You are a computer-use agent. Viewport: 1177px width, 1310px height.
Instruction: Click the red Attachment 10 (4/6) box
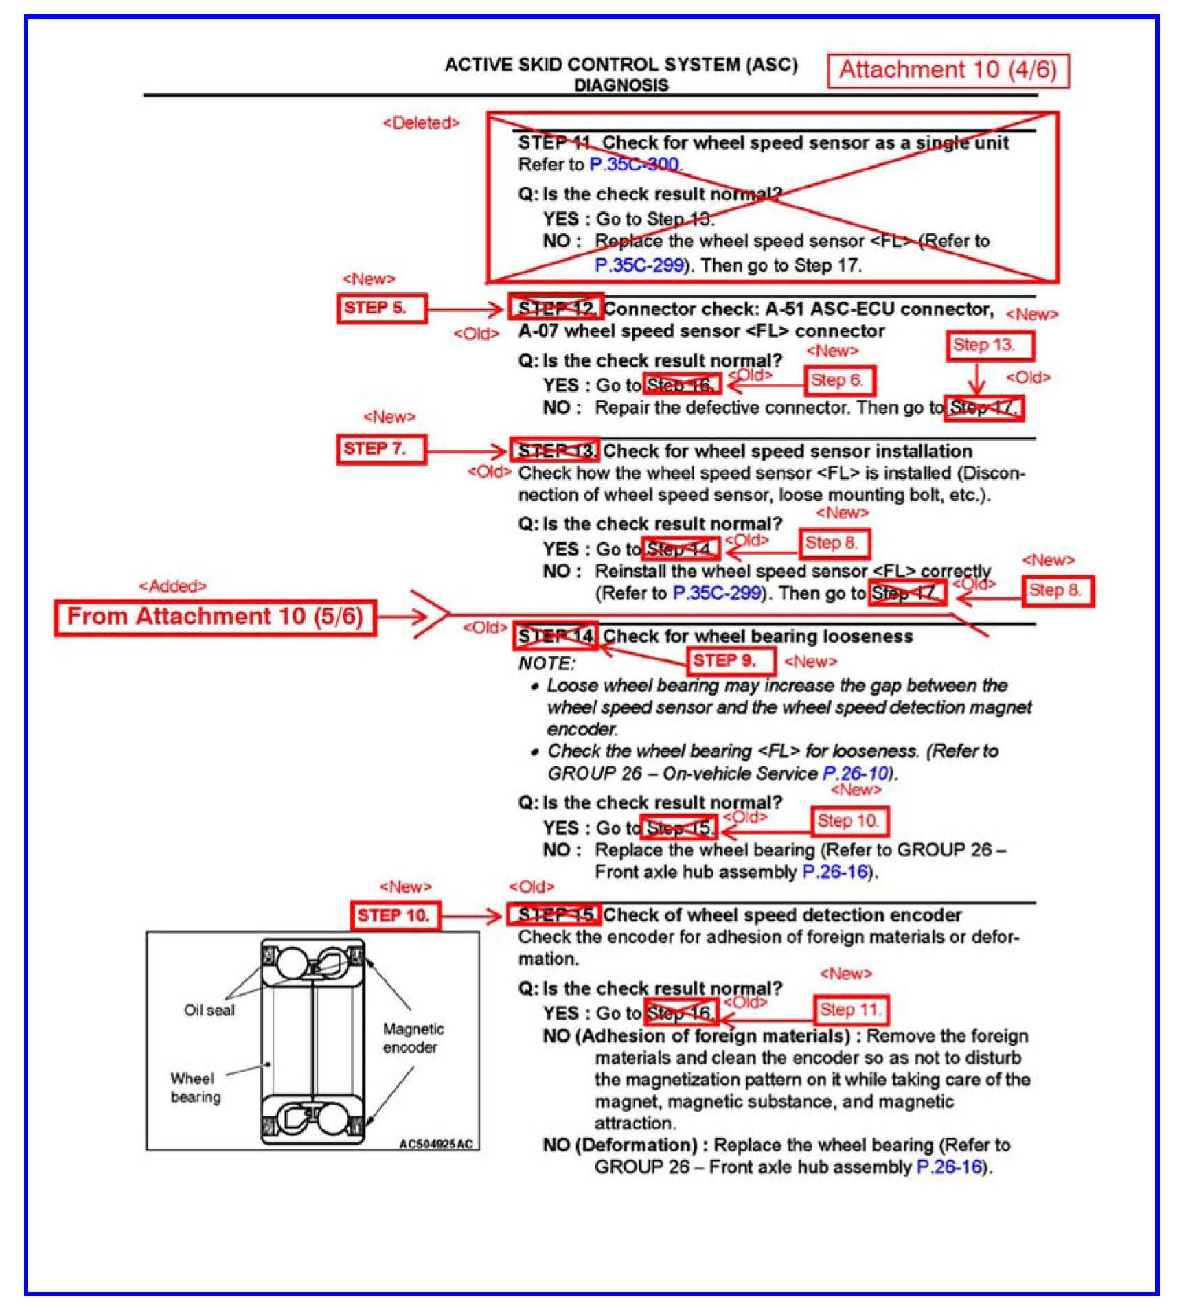pos(948,70)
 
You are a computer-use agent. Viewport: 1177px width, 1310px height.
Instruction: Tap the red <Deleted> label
pos(421,123)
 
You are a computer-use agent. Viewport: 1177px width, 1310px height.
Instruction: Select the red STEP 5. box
pos(381,308)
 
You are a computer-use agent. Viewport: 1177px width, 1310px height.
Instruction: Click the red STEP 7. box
pos(381,449)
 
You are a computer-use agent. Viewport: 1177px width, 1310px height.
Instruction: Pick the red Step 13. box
pos(990,345)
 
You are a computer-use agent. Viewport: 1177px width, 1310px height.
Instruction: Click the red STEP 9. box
pos(731,661)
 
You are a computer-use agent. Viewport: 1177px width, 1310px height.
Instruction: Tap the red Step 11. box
pos(850,1010)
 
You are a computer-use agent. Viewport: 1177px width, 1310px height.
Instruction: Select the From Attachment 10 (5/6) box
pos(215,617)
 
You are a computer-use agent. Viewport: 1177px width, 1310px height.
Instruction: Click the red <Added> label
pos(172,586)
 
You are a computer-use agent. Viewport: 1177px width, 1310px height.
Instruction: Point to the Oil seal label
pos(209,1010)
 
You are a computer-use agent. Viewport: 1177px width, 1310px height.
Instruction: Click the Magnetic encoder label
pos(413,1037)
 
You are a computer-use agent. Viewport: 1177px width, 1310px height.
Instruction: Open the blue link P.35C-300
pos(635,165)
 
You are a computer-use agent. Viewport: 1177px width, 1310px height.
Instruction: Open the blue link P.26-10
pos(856,773)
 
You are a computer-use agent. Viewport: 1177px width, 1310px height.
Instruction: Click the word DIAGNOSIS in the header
pos(621,85)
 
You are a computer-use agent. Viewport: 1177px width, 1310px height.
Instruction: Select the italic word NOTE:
pos(547,663)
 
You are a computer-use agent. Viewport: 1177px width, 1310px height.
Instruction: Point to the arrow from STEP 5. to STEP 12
pos(466,309)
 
